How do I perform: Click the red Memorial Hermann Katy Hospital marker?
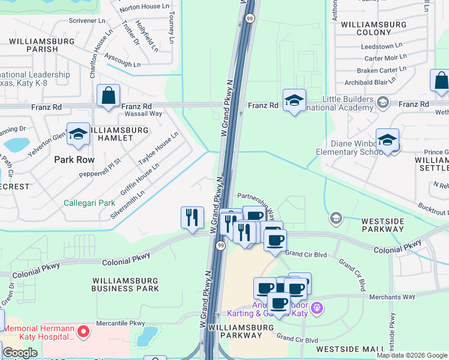(85, 331)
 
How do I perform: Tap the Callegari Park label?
(89, 203)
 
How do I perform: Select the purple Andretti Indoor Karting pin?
(318, 308)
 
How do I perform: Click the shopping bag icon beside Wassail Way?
(108, 96)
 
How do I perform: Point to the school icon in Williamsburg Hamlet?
(78, 135)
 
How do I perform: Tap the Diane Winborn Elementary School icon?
(387, 141)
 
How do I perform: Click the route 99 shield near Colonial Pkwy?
(221, 246)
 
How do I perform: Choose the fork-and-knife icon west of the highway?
(192, 218)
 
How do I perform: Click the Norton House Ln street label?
(144, 7)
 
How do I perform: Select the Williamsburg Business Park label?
(125, 284)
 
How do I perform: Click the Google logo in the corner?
(20, 353)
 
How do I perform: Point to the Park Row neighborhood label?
(74, 160)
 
